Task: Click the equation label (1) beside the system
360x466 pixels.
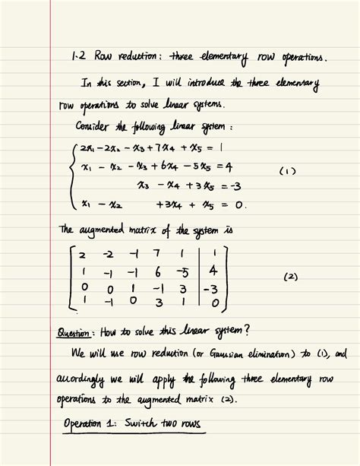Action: click(x=287, y=172)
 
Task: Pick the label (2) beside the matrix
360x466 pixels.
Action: click(x=290, y=277)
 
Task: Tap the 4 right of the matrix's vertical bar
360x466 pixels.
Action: click(x=214, y=270)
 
